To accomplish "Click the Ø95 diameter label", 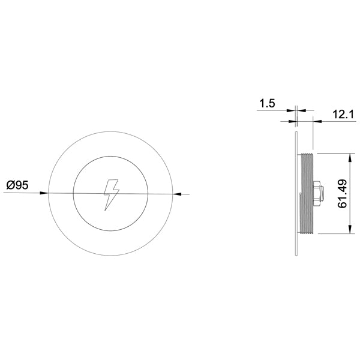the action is point(17,185).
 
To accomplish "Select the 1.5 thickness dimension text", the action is point(267,103).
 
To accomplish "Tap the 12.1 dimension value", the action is point(343,114).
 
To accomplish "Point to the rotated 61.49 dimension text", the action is point(342,194).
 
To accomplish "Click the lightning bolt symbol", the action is point(112,194).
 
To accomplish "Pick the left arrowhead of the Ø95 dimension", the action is point(44,193).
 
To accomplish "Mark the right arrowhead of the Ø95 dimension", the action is point(177,194).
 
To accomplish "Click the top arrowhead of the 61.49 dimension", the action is point(350,158).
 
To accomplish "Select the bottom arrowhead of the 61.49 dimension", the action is point(350,229).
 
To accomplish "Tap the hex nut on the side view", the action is point(316,193).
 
